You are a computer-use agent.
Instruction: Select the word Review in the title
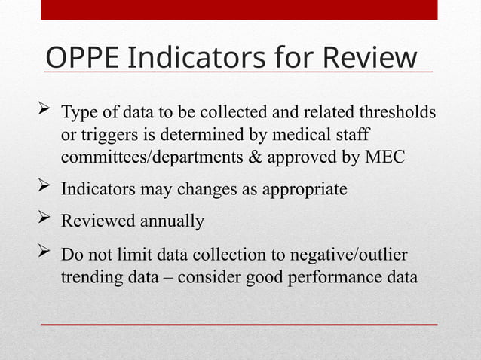369,57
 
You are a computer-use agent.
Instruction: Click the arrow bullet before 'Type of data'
44,113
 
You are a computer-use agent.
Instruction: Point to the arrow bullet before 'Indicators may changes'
44,188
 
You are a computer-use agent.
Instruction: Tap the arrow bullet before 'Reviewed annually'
44,221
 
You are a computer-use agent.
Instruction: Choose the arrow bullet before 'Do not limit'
44,254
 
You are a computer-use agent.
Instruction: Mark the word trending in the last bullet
89,277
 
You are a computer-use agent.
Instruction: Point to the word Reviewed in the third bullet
96,222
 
